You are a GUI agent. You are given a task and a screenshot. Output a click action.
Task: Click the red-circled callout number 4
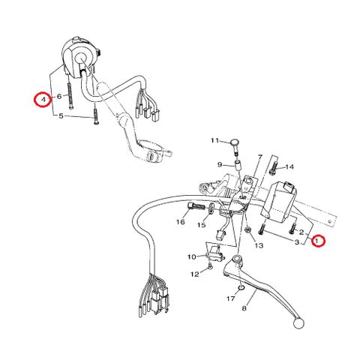coord(43,100)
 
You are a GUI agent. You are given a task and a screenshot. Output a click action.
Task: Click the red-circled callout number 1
coord(318,241)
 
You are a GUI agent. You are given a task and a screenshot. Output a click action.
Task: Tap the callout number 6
coord(59,96)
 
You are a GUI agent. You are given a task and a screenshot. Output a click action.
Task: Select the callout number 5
coord(61,116)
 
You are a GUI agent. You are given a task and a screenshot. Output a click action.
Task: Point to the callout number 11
coord(214,140)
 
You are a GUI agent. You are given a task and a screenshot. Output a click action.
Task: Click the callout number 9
coord(220,164)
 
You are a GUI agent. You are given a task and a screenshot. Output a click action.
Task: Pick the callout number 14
coord(289,166)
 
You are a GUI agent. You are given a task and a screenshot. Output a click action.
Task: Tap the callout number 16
coord(181,222)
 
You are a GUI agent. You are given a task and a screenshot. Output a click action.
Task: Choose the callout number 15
coord(202,225)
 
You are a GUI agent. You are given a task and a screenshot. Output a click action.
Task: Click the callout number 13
coord(259,245)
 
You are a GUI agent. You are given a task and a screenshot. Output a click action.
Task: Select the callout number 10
coord(192,256)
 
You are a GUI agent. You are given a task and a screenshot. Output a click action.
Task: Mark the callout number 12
coord(195,274)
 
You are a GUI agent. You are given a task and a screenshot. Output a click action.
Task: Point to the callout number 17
coord(231,298)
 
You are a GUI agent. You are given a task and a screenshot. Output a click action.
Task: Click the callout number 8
coord(244,308)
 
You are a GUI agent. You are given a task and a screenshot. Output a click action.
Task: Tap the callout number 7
coord(260,157)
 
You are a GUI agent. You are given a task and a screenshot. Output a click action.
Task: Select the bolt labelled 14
coord(274,168)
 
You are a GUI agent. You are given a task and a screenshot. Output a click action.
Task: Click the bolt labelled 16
coord(196,206)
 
